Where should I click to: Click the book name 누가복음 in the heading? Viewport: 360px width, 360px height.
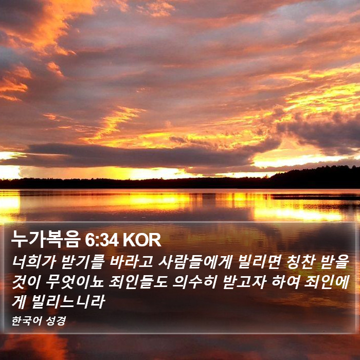pos(46,239)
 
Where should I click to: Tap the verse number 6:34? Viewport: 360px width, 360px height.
pos(102,240)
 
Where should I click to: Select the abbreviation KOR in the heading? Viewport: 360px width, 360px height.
pos(141,240)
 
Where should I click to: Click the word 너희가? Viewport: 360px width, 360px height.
pos(34,262)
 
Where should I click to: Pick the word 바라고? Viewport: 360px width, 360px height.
pos(131,262)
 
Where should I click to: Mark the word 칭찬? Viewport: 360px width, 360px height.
pos(301,262)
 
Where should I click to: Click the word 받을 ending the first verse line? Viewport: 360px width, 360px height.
pos(335,262)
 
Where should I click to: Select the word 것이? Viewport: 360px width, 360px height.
pos(26,282)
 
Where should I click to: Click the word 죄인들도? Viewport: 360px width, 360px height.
pos(138,282)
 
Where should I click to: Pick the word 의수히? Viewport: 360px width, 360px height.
pos(195,282)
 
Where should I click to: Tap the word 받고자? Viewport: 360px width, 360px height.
pos(244,282)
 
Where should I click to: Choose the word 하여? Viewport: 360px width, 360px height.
pos(285,282)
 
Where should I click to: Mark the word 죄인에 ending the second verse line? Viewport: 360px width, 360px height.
pos(327,282)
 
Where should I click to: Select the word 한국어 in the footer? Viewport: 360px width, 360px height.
pos(27,321)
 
